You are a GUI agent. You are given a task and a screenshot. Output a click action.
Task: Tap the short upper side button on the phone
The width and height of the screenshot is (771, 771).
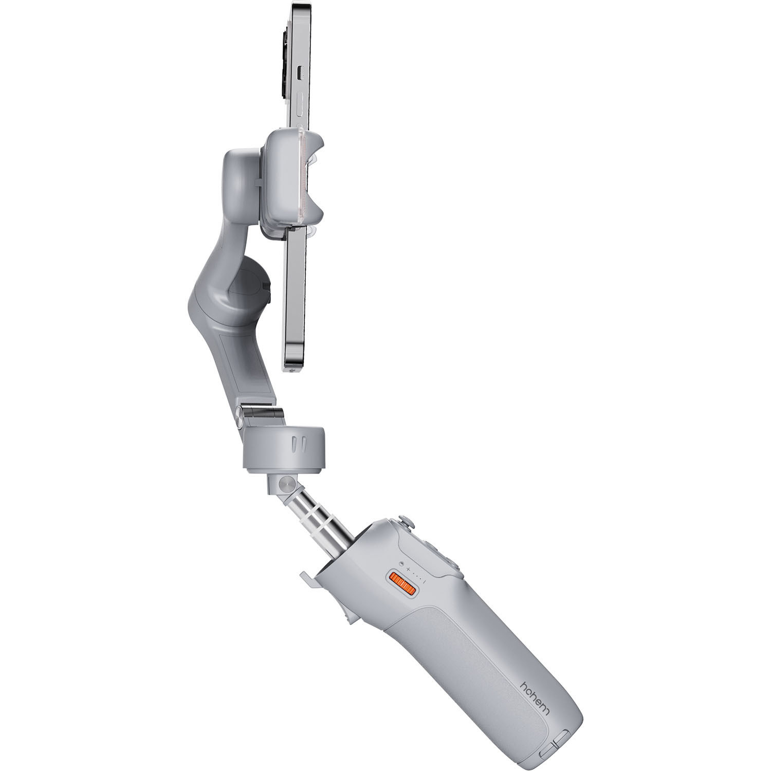pos(301,72)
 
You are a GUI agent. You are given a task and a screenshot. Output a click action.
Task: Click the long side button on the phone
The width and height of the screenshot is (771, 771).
pos(301,107)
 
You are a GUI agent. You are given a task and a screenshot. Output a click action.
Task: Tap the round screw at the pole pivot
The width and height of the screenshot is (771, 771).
pos(286,484)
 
